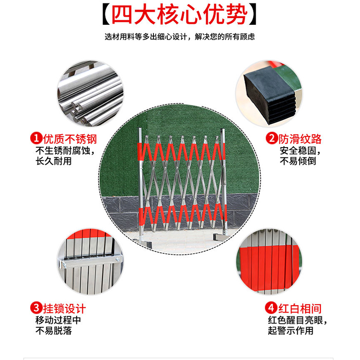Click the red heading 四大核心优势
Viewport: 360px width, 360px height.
click(x=179, y=14)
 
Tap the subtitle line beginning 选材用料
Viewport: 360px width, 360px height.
click(x=180, y=37)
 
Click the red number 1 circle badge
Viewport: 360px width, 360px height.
click(x=36, y=138)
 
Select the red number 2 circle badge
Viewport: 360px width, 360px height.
click(x=272, y=138)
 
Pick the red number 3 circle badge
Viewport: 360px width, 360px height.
click(x=36, y=308)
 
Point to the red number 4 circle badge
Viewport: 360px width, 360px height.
click(x=271, y=308)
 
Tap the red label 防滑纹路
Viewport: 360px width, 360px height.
click(x=300, y=139)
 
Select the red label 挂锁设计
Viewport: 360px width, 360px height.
click(x=64, y=309)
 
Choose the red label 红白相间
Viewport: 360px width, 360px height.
click(x=300, y=308)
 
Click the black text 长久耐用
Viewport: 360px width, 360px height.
click(x=54, y=161)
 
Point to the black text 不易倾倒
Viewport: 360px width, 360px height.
click(x=298, y=161)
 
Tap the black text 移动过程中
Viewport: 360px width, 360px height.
click(x=58, y=320)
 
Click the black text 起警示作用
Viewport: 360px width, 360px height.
click(x=291, y=331)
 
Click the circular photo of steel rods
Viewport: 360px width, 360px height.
click(x=90, y=94)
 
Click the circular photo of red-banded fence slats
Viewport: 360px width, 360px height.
click(x=269, y=261)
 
